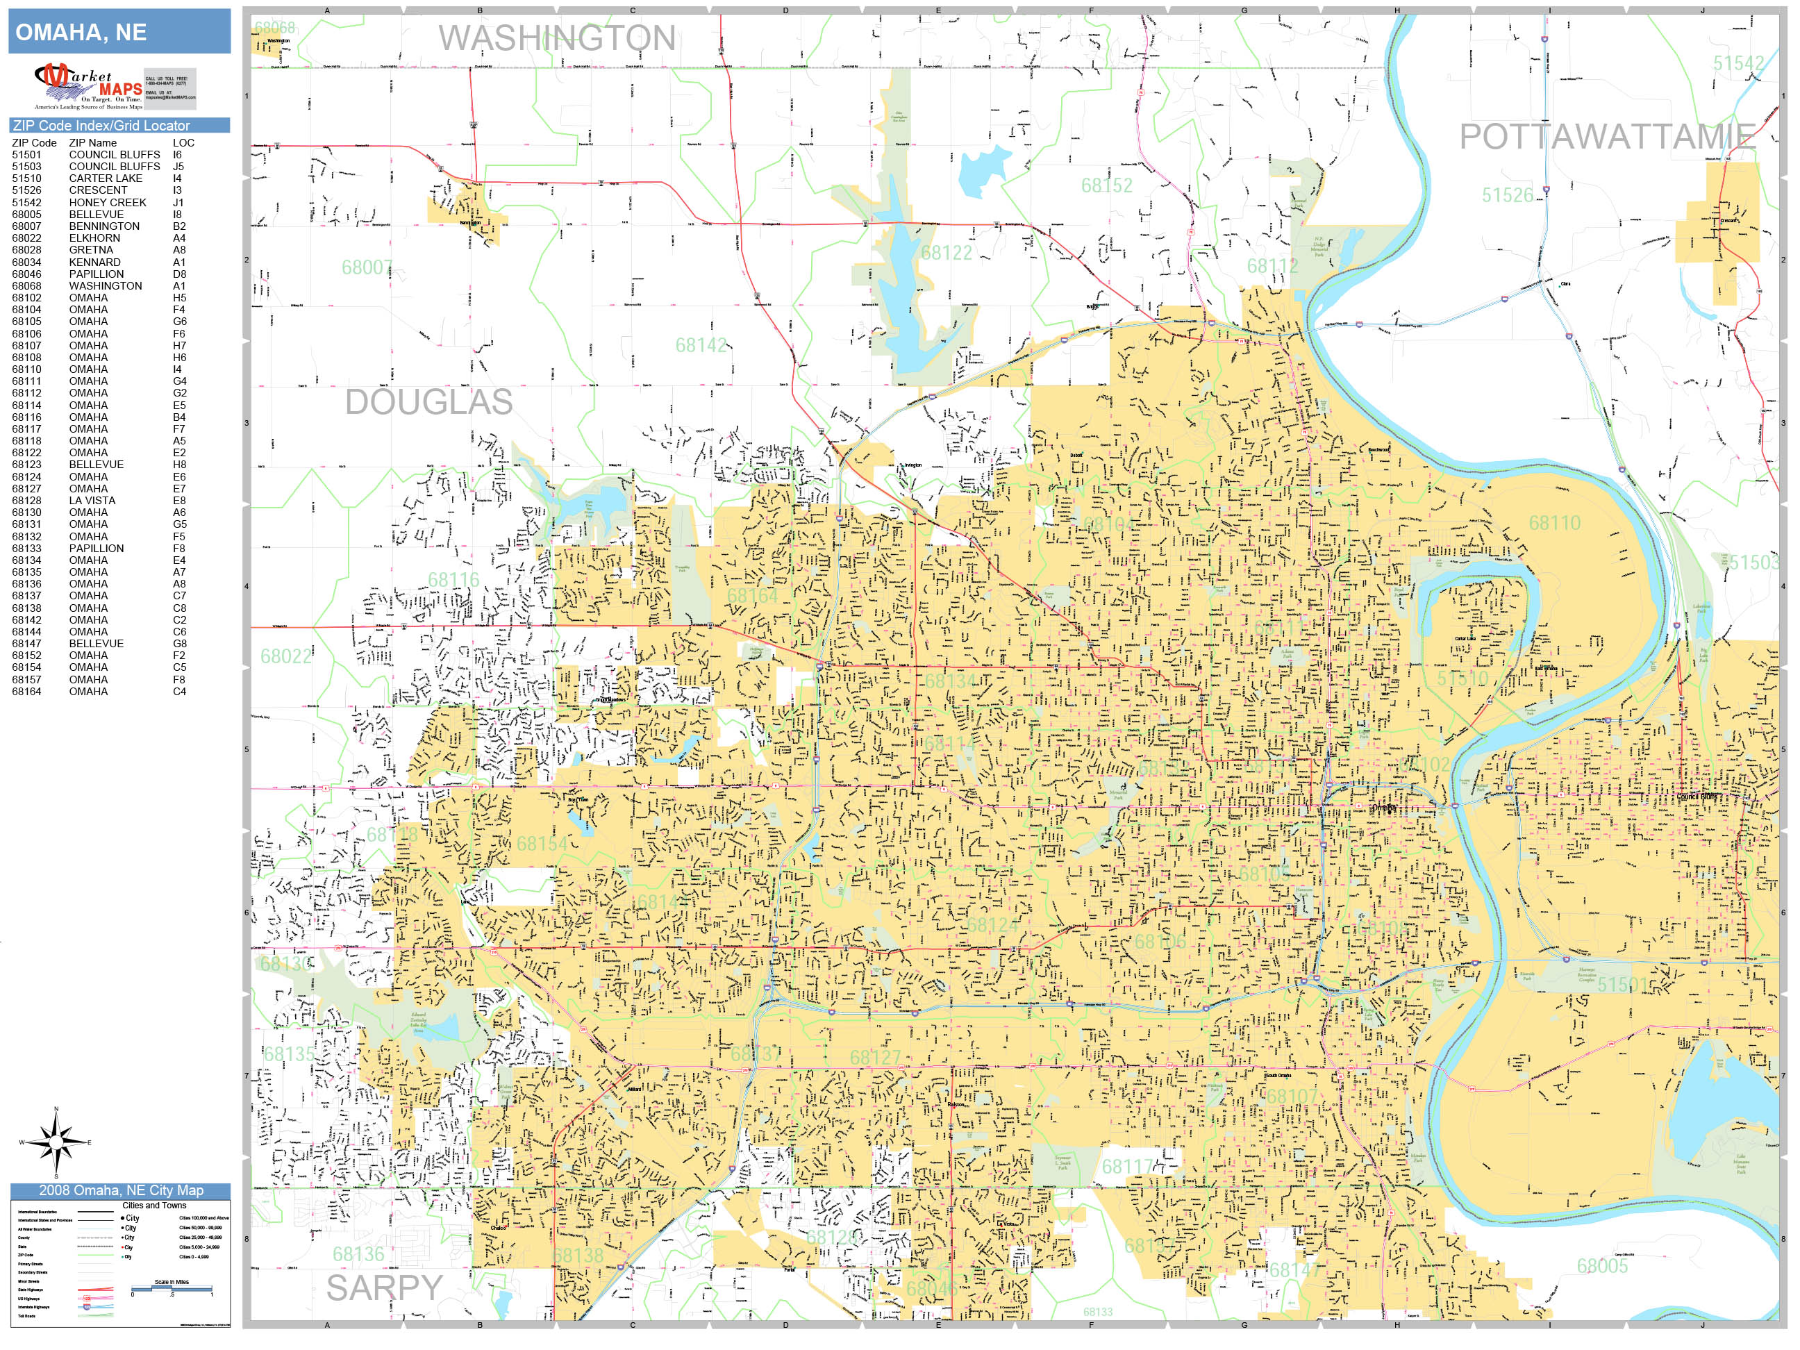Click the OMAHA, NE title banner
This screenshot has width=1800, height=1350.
click(x=119, y=33)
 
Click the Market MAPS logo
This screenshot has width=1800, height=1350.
click(x=88, y=86)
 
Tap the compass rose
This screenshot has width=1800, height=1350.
click(x=56, y=1142)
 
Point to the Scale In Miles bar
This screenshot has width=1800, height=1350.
click(x=172, y=1288)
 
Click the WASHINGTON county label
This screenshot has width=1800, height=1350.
click(x=558, y=38)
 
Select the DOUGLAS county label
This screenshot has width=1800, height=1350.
click(x=429, y=402)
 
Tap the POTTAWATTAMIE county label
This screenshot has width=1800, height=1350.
click(x=1607, y=137)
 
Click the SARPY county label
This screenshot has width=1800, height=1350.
click(x=384, y=1288)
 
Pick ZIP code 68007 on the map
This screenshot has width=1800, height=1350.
click(x=367, y=268)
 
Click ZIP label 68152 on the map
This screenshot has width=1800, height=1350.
click(x=1107, y=185)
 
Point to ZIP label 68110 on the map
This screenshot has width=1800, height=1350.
click(x=1554, y=523)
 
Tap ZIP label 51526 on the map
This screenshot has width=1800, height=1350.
click(x=1507, y=195)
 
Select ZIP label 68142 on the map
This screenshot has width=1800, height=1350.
click(x=701, y=345)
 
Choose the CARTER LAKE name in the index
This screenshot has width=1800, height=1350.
click(x=106, y=178)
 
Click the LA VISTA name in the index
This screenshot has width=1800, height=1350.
click(x=92, y=501)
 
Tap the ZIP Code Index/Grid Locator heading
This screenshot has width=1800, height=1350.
click(x=101, y=125)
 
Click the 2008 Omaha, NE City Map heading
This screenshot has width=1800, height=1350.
click(x=120, y=1190)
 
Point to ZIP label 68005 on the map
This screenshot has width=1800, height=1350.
click(x=1602, y=1266)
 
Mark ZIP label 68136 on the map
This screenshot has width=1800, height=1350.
click(x=358, y=1254)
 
